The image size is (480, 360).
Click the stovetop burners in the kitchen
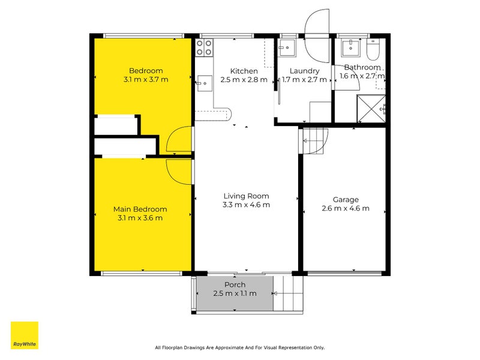pos(204,47)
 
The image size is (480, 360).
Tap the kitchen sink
pos(203,80)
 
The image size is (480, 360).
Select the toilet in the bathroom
pos(373,50)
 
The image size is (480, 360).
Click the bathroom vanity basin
pos(349,48)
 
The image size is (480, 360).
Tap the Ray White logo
pos(24,335)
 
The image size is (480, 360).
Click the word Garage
pos(346,200)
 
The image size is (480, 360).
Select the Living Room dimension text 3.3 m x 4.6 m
pos(246,205)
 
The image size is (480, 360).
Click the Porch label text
pos(235,284)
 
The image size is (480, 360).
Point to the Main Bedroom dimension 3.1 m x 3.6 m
pos(140,218)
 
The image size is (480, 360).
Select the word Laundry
pos(304,71)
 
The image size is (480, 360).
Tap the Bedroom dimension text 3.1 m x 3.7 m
pos(146,79)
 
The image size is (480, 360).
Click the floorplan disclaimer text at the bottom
pos(239,347)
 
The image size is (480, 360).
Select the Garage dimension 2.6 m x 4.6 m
pos(346,209)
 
